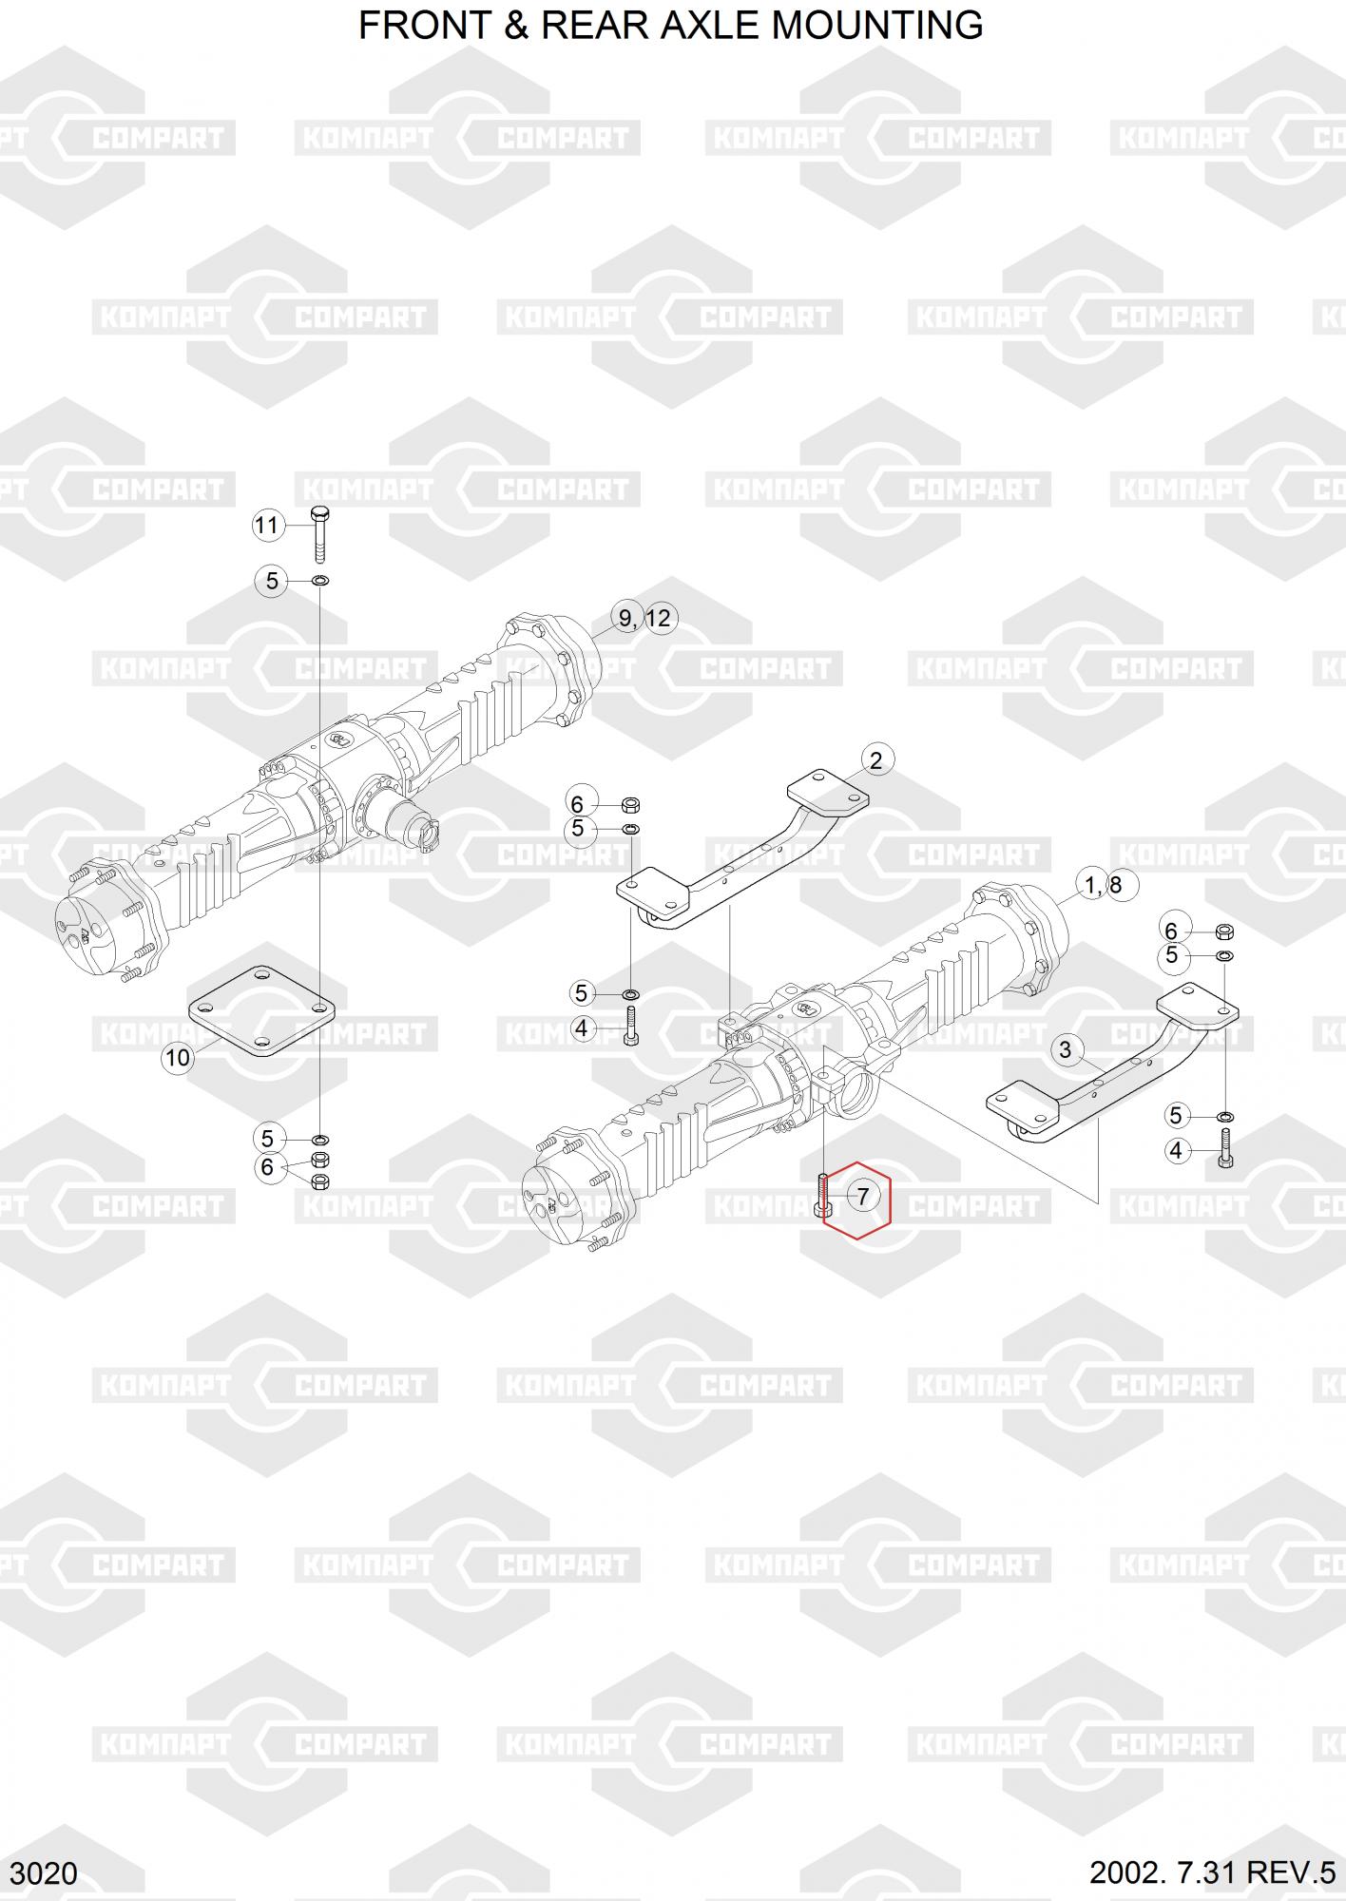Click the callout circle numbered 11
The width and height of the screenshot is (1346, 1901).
tap(268, 525)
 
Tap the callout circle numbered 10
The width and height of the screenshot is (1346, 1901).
tap(178, 1058)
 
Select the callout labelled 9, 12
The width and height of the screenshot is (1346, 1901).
tap(644, 619)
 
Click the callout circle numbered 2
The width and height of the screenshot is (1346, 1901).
tap(875, 759)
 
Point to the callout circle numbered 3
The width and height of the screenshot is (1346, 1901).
tap(1066, 1049)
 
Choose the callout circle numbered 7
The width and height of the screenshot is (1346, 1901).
tap(863, 1196)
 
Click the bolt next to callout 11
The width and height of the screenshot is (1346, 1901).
tap(319, 533)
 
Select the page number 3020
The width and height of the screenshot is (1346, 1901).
tap(46, 1872)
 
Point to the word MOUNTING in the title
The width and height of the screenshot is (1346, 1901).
tap(876, 25)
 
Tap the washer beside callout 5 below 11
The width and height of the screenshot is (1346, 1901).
tap(320, 580)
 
